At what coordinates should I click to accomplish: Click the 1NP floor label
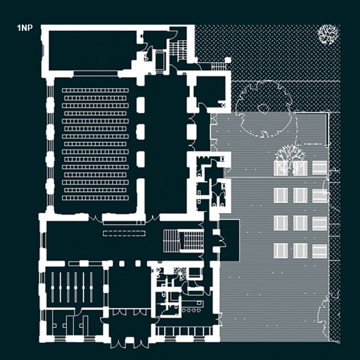pyautogui.click(x=25, y=28)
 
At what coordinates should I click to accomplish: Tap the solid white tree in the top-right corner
pyautogui.click(x=328, y=34)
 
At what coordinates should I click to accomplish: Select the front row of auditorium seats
pyautogui.click(x=95, y=90)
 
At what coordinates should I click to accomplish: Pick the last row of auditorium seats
pyautogui.click(x=95, y=197)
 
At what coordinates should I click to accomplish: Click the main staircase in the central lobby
pyautogui.click(x=184, y=240)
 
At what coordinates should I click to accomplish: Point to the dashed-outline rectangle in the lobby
pyautogui.click(x=124, y=233)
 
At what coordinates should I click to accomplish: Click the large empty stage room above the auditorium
pyautogui.click(x=92, y=51)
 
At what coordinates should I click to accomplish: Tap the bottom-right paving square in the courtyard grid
pyautogui.click(x=320, y=251)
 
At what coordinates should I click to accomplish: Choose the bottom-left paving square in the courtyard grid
pyautogui.click(x=281, y=251)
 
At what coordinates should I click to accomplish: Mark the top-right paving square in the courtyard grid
pyautogui.click(x=320, y=168)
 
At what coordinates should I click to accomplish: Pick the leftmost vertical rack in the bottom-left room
pyautogui.click(x=53, y=287)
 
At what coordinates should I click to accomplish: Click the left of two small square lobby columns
pyautogui.click(x=122, y=264)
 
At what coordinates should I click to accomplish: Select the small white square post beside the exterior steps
pyautogui.click(x=227, y=60)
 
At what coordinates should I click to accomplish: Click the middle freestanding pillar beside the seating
pyautogui.click(x=141, y=132)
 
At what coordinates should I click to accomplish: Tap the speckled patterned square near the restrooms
pyautogui.click(x=180, y=271)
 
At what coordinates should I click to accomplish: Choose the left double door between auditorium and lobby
pyautogui.click(x=95, y=219)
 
